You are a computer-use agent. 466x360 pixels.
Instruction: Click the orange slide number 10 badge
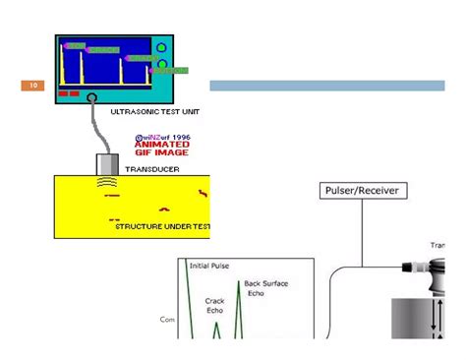pyautogui.click(x=33, y=86)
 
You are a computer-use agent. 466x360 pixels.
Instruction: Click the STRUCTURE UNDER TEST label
pyautogui.click(x=162, y=226)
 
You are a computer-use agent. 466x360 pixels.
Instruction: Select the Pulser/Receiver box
pyautogui.click(x=361, y=190)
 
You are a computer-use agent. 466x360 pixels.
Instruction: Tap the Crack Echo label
pyautogui.click(x=215, y=305)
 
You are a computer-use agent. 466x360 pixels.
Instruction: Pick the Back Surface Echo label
pyautogui.click(x=266, y=287)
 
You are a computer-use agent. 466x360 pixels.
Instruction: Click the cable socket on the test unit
pyautogui.click(x=91, y=98)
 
